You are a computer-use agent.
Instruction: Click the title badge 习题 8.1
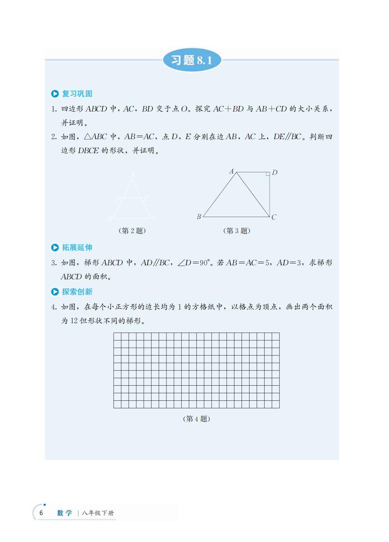pyautogui.click(x=192, y=60)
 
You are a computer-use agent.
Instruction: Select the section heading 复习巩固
pyautogui.click(x=77, y=94)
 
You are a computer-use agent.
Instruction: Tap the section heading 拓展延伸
pyautogui.click(x=77, y=248)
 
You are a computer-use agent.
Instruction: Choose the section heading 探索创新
pyautogui.click(x=77, y=292)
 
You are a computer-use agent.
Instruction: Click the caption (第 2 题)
pyautogui.click(x=132, y=231)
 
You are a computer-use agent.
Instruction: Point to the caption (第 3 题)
pyautogui.click(x=237, y=231)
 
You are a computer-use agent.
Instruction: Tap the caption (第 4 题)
pyautogui.click(x=196, y=419)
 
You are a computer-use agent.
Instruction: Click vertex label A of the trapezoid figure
pyautogui.click(x=232, y=171)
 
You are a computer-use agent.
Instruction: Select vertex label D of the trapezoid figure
pyautogui.click(x=275, y=173)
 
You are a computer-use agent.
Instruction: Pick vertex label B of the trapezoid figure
pyautogui.click(x=199, y=217)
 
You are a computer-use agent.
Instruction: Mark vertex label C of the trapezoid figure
pyautogui.click(x=274, y=217)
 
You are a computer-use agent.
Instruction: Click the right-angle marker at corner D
pyautogui.click(x=267, y=174)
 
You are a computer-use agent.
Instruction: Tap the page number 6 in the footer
pyautogui.click(x=41, y=513)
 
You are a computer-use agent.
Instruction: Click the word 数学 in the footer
pyautogui.click(x=65, y=513)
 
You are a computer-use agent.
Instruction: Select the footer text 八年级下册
pyautogui.click(x=98, y=513)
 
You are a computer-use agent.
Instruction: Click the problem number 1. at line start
pyautogui.click(x=54, y=109)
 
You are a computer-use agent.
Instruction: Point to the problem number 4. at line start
pyautogui.click(x=54, y=307)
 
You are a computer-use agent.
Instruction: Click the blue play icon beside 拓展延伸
pyautogui.click(x=55, y=248)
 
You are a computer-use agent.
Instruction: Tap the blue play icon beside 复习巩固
pyautogui.click(x=55, y=94)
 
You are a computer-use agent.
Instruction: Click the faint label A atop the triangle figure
pyautogui.click(x=133, y=175)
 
